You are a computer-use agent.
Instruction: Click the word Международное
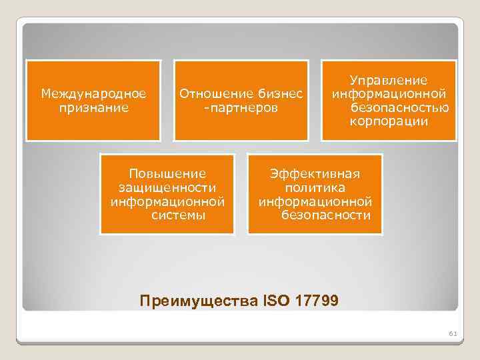tap(93, 93)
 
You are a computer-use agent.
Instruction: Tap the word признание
tap(93, 107)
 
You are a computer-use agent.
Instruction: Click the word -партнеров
tap(241, 107)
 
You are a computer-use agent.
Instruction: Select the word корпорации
tap(389, 121)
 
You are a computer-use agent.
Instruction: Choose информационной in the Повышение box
tap(168, 201)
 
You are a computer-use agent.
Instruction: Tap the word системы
tap(178, 215)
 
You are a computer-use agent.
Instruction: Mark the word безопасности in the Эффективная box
tap(325, 215)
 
